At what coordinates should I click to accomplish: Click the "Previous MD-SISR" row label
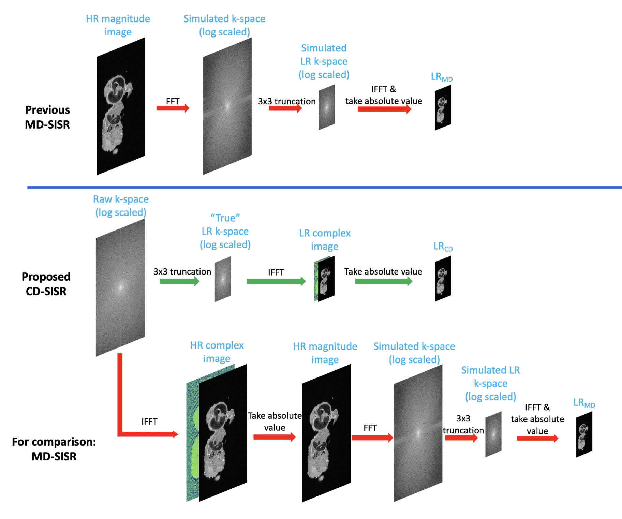47,117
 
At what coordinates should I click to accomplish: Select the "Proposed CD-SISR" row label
46,284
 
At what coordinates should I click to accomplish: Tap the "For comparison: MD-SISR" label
54,449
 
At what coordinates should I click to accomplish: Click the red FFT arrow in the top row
173,108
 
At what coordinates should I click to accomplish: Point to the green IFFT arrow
276,281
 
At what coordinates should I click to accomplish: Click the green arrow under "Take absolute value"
383,281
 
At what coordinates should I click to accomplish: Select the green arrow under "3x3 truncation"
179,281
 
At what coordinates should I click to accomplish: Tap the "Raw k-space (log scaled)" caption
121,206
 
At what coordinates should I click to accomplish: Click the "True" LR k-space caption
225,231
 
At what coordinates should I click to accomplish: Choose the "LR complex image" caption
325,239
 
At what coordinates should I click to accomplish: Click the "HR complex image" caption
217,352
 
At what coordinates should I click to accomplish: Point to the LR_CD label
443,246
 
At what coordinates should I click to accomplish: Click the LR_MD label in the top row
442,77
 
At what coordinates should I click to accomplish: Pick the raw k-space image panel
120,287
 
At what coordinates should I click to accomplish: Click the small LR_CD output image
443,278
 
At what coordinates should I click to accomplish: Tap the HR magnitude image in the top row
121,106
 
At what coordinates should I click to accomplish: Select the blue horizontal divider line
324,187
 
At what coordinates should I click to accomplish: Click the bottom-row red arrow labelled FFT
372,438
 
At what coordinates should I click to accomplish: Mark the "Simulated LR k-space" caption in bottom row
490,383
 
